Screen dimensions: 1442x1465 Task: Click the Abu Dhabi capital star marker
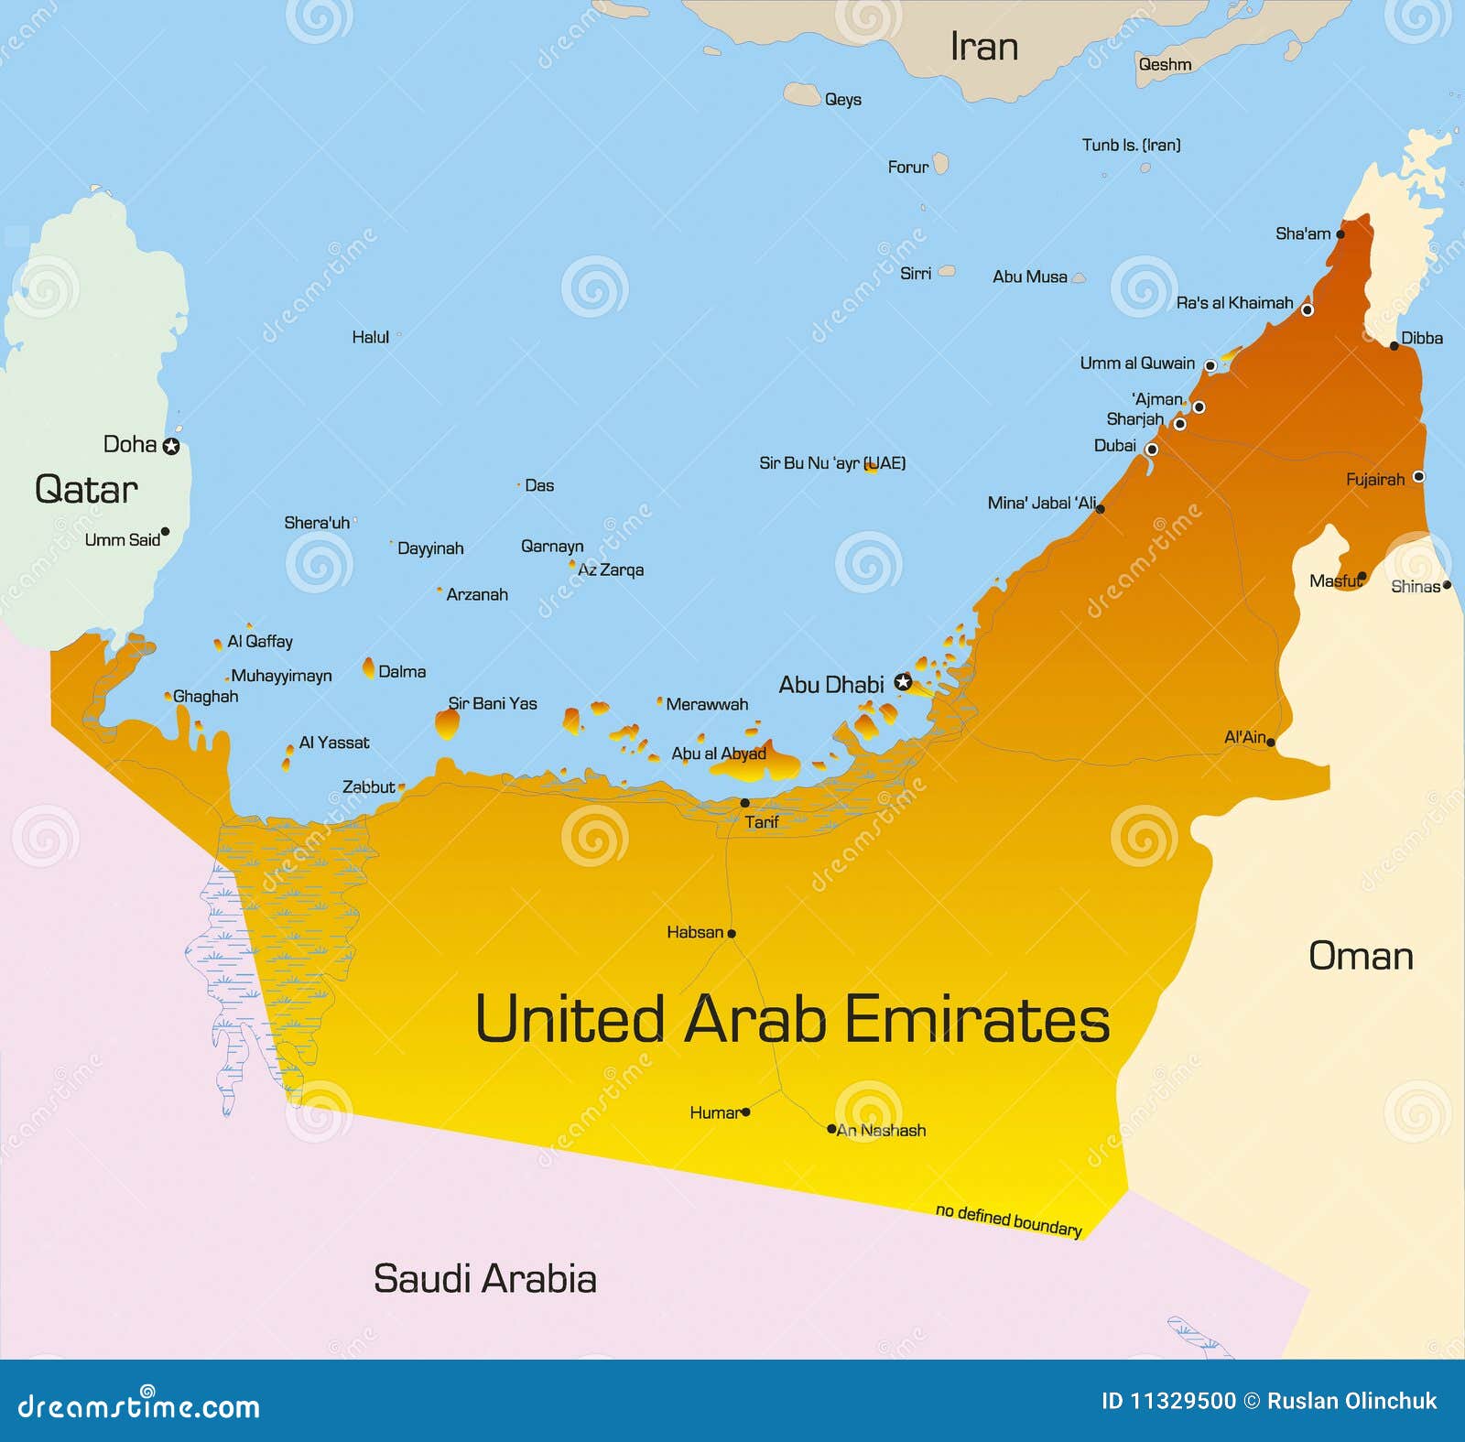tap(903, 682)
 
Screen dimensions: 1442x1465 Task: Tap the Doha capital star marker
tap(171, 447)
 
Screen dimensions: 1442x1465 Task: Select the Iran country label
tap(983, 47)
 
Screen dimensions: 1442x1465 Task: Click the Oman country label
tap(1361, 956)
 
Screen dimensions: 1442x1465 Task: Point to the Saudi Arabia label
tap(484, 1279)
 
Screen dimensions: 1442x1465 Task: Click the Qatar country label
tap(86, 490)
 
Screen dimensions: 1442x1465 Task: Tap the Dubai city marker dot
tap(1152, 449)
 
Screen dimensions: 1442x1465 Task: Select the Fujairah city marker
tap(1418, 476)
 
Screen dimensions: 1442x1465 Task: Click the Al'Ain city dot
tap(1271, 743)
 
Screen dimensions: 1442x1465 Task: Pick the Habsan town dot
tap(732, 934)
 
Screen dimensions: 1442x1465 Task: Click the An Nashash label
tap(881, 1131)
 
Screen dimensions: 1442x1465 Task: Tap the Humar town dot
tap(746, 1112)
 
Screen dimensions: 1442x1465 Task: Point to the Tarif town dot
tap(744, 803)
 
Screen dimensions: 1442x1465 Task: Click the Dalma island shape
tap(369, 668)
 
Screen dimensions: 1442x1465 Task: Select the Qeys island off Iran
tap(802, 94)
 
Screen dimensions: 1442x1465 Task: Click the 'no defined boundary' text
tap(1008, 1220)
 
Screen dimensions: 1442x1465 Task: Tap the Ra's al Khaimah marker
tap(1308, 310)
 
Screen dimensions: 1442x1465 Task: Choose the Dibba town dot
tap(1394, 346)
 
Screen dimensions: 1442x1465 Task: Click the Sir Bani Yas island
tap(447, 723)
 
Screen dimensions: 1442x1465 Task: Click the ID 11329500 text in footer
tap(1167, 1401)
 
